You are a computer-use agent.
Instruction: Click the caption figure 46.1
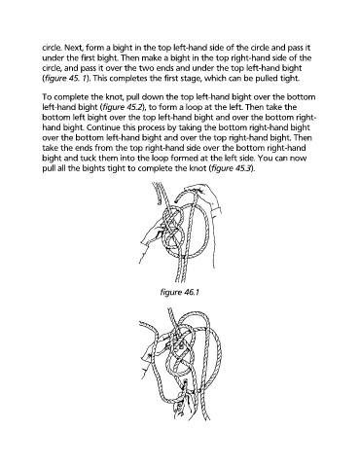pos(179,293)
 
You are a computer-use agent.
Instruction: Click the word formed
pos(184,159)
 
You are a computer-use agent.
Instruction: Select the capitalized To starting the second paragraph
pos(47,97)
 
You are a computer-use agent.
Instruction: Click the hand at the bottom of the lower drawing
pos(184,402)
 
